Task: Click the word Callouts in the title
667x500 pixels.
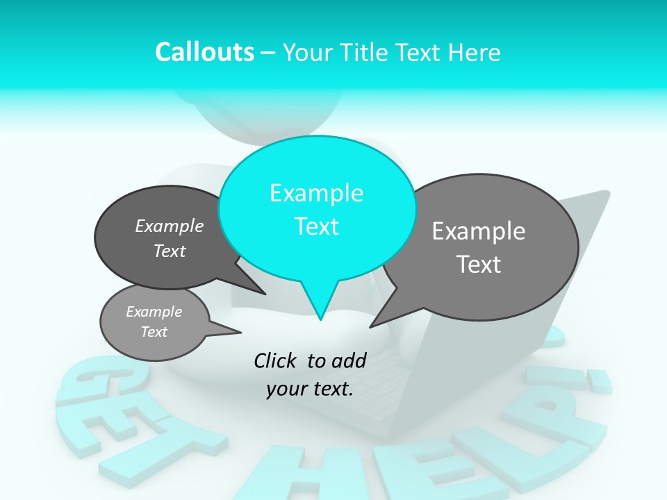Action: tap(204, 52)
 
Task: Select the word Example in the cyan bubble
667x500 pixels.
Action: tap(316, 193)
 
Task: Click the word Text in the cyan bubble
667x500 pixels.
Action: tap(316, 226)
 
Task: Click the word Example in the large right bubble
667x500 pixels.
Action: tap(479, 231)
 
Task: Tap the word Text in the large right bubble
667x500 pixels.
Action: tap(479, 265)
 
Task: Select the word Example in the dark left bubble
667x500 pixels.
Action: tap(170, 226)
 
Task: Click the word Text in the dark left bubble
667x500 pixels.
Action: tap(170, 251)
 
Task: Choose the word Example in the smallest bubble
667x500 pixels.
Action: tap(154, 312)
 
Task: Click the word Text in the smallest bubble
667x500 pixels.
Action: tap(154, 332)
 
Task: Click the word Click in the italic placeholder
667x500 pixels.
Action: tap(276, 360)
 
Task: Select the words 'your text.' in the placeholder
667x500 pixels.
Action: tap(310, 389)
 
